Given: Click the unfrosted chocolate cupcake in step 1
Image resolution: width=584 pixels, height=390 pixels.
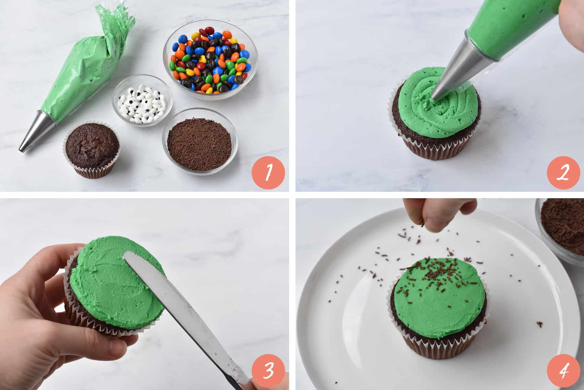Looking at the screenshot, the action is click(92, 149).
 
